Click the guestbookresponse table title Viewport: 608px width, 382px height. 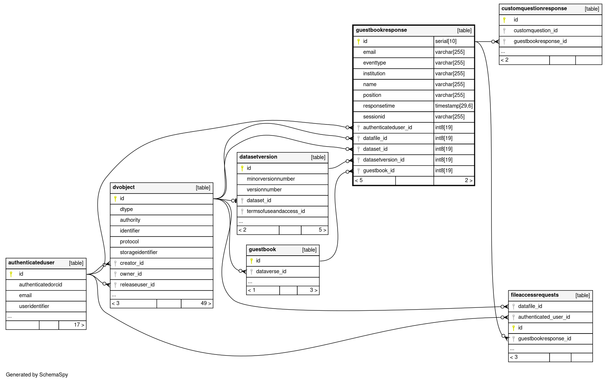click(x=381, y=30)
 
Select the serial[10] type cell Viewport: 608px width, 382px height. click(x=446, y=41)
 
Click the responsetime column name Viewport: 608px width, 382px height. click(x=379, y=106)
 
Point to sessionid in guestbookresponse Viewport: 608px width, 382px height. click(x=374, y=117)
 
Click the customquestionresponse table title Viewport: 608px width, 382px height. click(x=534, y=8)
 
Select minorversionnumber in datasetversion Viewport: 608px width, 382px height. click(x=271, y=179)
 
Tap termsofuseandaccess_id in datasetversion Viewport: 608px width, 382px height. click(x=276, y=211)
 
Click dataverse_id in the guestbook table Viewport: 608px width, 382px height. click(x=271, y=271)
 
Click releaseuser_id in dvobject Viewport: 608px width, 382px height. click(x=137, y=285)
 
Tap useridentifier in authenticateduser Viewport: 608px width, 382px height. click(x=34, y=306)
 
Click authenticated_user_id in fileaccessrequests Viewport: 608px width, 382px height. click(x=544, y=317)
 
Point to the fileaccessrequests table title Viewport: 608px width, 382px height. click(x=535, y=295)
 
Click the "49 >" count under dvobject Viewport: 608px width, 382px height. click(x=206, y=303)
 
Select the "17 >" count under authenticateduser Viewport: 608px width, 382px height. click(x=79, y=325)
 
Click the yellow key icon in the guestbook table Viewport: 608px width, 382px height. click(x=251, y=261)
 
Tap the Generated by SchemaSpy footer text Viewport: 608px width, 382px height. click(x=37, y=375)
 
